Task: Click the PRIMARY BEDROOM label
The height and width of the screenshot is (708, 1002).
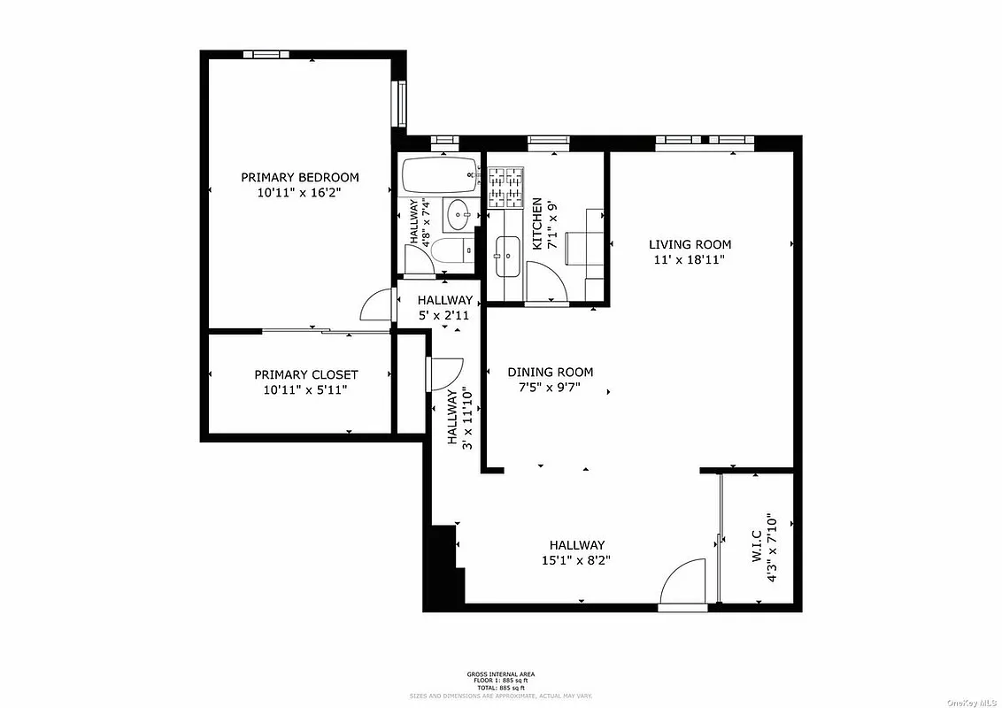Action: (x=300, y=177)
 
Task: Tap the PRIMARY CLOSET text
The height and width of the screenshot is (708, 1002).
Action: (x=305, y=375)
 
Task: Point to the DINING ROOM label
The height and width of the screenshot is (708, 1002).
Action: (x=550, y=373)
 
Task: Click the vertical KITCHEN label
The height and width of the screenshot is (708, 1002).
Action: (x=536, y=223)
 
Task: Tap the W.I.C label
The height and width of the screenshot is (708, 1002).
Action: (x=756, y=546)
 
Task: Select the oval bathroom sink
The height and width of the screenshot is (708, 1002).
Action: (x=459, y=213)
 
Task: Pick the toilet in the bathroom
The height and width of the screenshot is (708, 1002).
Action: (x=453, y=252)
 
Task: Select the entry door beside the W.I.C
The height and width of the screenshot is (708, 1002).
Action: (x=683, y=584)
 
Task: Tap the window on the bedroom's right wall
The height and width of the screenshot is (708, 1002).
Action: (x=400, y=104)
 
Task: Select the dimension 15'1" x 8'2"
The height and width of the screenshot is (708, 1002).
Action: (x=576, y=560)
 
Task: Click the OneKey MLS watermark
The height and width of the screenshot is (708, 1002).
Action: (x=971, y=702)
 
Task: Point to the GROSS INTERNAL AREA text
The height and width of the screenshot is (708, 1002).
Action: (x=500, y=674)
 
